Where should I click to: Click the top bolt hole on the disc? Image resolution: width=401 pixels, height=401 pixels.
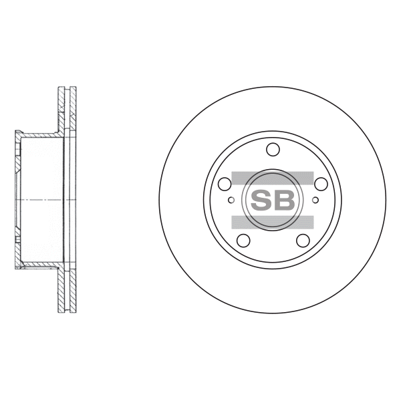pos(273,149)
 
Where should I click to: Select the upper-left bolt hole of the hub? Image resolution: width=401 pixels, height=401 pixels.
pos(225,184)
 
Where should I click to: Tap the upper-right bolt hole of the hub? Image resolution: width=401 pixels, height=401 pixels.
pos(321,184)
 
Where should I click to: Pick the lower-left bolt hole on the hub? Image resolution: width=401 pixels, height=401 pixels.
pos(243,241)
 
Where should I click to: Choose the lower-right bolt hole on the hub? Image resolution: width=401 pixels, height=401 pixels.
pos(303,241)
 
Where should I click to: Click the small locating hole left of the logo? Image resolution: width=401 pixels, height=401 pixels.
pos(231,200)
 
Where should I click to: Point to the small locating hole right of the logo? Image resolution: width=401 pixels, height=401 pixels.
pos(315,200)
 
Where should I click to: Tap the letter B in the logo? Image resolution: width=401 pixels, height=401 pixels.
pos(285,200)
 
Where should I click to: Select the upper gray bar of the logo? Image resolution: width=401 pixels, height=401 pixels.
pos(273,178)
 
